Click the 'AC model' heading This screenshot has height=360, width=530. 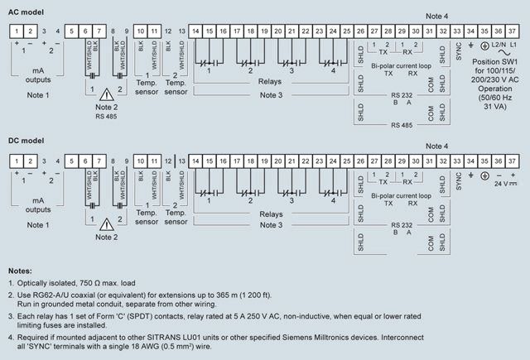coord(26,12)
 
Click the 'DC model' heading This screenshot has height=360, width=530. coord(26,142)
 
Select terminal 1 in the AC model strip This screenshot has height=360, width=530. coord(16,31)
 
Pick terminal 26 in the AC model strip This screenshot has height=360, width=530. coord(360,31)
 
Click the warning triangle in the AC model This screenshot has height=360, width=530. coord(104,94)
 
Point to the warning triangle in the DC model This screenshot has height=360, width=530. coord(104,223)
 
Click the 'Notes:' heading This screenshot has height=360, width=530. coord(20,271)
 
